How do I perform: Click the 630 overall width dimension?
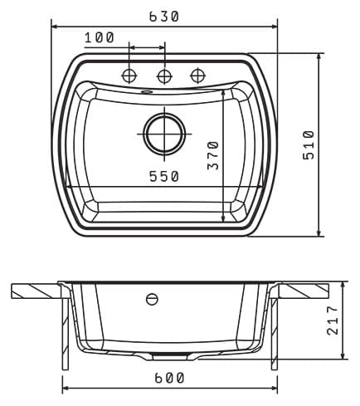pos(164,17)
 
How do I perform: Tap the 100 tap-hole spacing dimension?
pos(100,37)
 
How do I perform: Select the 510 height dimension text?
pos(309,144)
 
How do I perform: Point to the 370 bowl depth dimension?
pos(213,155)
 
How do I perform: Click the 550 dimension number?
pos(164,177)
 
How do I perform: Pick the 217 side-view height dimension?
pos(333,320)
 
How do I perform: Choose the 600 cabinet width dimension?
pos(169,378)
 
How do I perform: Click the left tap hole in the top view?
pos(129,76)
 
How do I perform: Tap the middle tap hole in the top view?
pos(164,76)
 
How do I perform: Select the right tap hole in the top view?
pos(198,76)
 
